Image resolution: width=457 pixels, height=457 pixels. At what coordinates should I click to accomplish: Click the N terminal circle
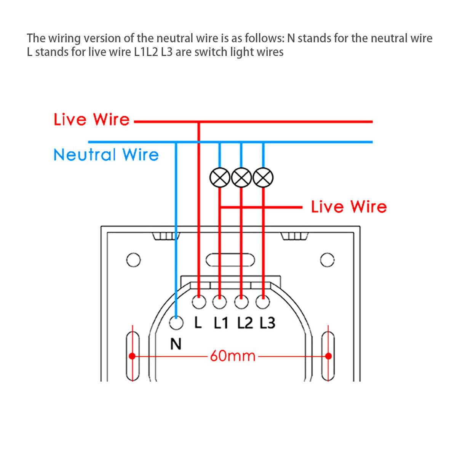[x=176, y=323]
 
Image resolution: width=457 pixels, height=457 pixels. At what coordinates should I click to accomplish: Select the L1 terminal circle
[x=220, y=302]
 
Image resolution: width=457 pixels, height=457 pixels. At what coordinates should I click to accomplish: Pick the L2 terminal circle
[x=241, y=302]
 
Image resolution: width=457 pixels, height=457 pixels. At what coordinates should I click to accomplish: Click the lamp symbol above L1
[x=220, y=177]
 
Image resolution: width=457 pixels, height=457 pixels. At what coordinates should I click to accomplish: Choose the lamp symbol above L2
[x=241, y=177]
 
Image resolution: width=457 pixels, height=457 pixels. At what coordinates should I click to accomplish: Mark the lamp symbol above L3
[x=263, y=177]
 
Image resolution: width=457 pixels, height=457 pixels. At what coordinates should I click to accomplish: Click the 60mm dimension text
[x=233, y=356]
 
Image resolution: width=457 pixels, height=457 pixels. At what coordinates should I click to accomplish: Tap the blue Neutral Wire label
[x=106, y=155]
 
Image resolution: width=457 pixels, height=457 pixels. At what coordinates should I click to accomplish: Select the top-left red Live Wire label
[x=91, y=120]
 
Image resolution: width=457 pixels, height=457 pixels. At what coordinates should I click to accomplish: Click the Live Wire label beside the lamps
[x=348, y=207]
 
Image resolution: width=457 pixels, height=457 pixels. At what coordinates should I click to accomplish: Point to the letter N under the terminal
[x=176, y=344]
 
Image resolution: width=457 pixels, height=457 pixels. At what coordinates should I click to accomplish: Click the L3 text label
[x=267, y=323]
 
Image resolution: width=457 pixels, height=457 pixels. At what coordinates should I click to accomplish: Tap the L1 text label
[x=221, y=323]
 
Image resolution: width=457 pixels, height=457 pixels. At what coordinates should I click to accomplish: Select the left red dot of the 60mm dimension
[x=132, y=356]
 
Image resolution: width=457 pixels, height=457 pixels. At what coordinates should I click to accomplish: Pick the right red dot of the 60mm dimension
[x=328, y=356]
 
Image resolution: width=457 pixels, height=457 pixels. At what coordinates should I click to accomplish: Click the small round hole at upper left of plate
[x=133, y=260]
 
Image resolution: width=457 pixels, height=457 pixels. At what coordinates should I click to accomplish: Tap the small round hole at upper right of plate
[x=327, y=260]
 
